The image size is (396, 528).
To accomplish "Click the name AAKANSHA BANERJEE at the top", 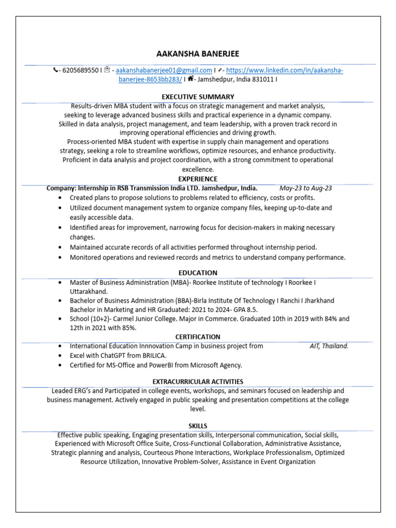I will tap(198, 54).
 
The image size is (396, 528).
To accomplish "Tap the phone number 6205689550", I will tap(80, 70).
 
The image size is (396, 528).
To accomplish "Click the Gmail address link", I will tap(164, 70).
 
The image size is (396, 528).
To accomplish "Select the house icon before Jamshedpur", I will tap(190, 79).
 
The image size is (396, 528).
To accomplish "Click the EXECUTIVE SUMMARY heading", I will tap(198, 96).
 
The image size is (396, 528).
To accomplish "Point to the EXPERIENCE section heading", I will tap(198, 179).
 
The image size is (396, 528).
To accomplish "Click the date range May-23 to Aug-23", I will tap(306, 188).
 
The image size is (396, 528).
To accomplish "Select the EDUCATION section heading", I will tap(198, 273).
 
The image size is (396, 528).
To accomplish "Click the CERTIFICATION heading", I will tap(198, 337).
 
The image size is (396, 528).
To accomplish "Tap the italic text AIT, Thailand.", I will tap(329, 346).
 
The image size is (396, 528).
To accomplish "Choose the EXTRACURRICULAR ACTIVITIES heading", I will tap(198, 382).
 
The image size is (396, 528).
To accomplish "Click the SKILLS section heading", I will tap(198, 426).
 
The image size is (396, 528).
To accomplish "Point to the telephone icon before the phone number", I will tap(56, 70).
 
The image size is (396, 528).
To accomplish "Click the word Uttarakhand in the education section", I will tap(87, 291).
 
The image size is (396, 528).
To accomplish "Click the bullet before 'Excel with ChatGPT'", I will tap(61, 356).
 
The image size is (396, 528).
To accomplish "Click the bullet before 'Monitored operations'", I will tap(61, 257).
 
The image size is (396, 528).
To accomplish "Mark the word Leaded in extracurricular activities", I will tap(63, 391).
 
